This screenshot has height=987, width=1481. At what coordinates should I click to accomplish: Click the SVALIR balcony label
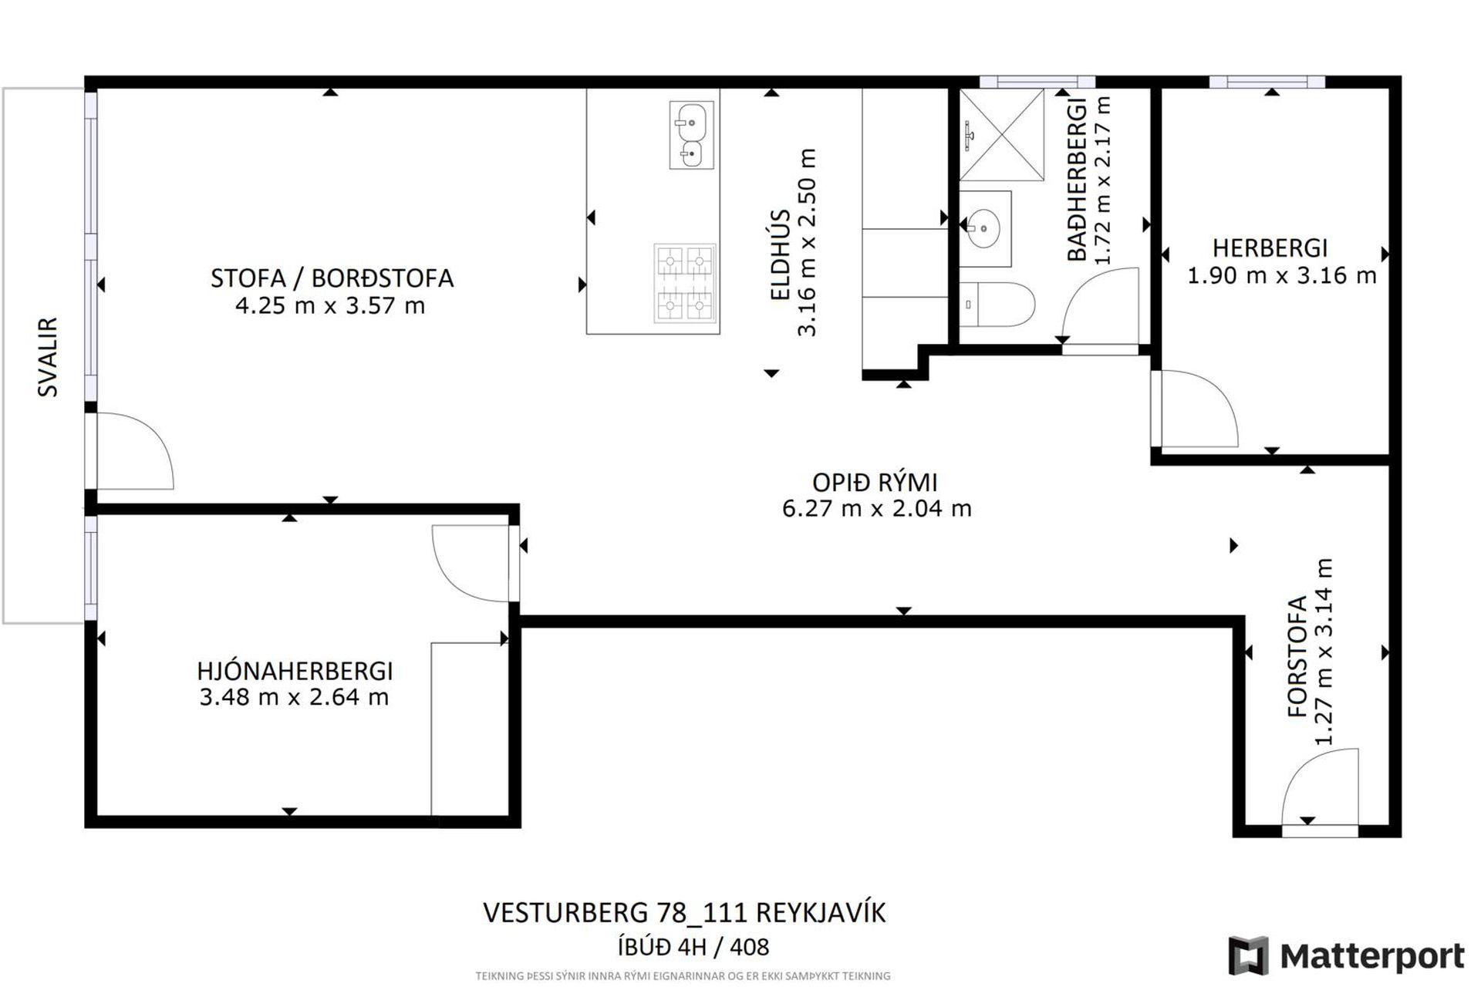[x=48, y=357]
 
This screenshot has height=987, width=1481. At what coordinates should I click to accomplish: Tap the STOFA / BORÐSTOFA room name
[x=332, y=278]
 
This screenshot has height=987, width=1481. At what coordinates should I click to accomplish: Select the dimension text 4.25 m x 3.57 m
[x=330, y=306]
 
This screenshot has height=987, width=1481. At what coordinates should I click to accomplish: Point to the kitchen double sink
[x=691, y=136]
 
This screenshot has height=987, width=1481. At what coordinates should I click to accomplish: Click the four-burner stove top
[x=685, y=283]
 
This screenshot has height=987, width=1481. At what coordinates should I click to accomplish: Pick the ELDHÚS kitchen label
[x=780, y=254]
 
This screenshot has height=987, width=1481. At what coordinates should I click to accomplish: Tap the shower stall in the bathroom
[x=1001, y=135]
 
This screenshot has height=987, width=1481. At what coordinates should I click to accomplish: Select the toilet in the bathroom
[x=997, y=305]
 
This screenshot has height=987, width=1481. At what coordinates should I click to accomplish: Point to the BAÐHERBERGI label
[x=1077, y=180]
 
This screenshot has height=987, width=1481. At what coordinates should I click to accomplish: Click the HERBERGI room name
[x=1270, y=248]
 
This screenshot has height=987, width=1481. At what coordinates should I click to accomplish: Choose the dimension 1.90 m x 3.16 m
[x=1281, y=275]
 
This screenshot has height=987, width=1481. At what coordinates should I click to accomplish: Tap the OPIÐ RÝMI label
[x=875, y=483]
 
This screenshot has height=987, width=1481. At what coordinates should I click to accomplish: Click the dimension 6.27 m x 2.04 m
[x=876, y=509]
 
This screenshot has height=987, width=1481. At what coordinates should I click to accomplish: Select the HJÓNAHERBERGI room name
[x=295, y=671]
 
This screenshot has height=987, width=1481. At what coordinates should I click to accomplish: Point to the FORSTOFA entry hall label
[x=1298, y=657]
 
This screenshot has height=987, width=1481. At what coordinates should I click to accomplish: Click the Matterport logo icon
[x=1248, y=955]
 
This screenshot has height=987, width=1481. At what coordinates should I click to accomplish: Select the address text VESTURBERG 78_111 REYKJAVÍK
[x=684, y=912]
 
